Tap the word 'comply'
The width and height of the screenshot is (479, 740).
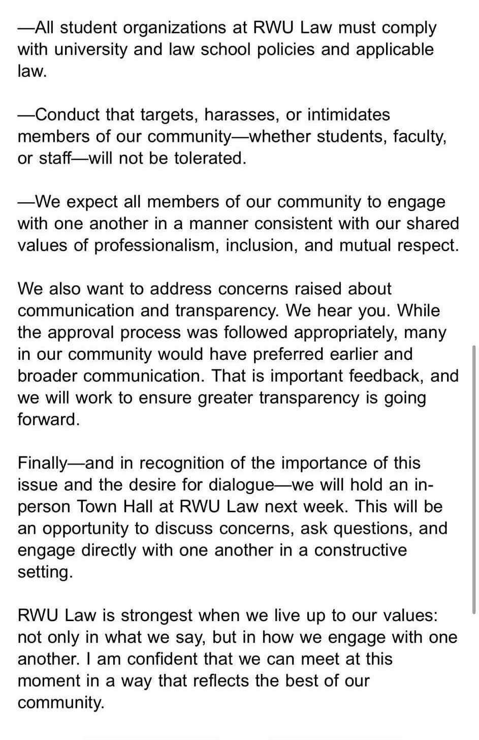[409, 27]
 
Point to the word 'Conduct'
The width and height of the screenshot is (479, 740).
[68, 114]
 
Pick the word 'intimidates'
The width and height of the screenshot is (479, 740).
[348, 114]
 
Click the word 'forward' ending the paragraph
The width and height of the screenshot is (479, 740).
[48, 419]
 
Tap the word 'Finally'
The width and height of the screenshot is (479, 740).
[42, 463]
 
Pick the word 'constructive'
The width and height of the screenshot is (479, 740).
[361, 550]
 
